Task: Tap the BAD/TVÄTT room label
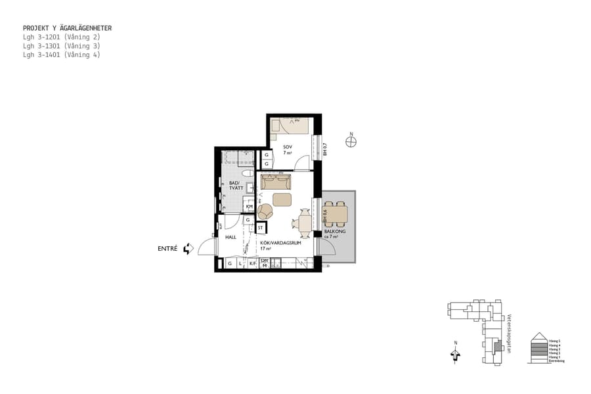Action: point(236,186)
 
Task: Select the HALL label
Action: point(230,237)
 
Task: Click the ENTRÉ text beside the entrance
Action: point(167,249)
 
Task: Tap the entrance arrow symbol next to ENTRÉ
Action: point(188,249)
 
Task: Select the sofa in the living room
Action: point(275,182)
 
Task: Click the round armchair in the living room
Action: point(266,211)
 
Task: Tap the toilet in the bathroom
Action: point(246,173)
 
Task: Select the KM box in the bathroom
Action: point(249,206)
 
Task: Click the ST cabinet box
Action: point(261,228)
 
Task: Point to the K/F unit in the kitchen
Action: point(252,263)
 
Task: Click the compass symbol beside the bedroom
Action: point(351,141)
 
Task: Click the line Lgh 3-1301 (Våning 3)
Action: point(62,46)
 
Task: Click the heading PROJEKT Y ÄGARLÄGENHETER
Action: point(67,28)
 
